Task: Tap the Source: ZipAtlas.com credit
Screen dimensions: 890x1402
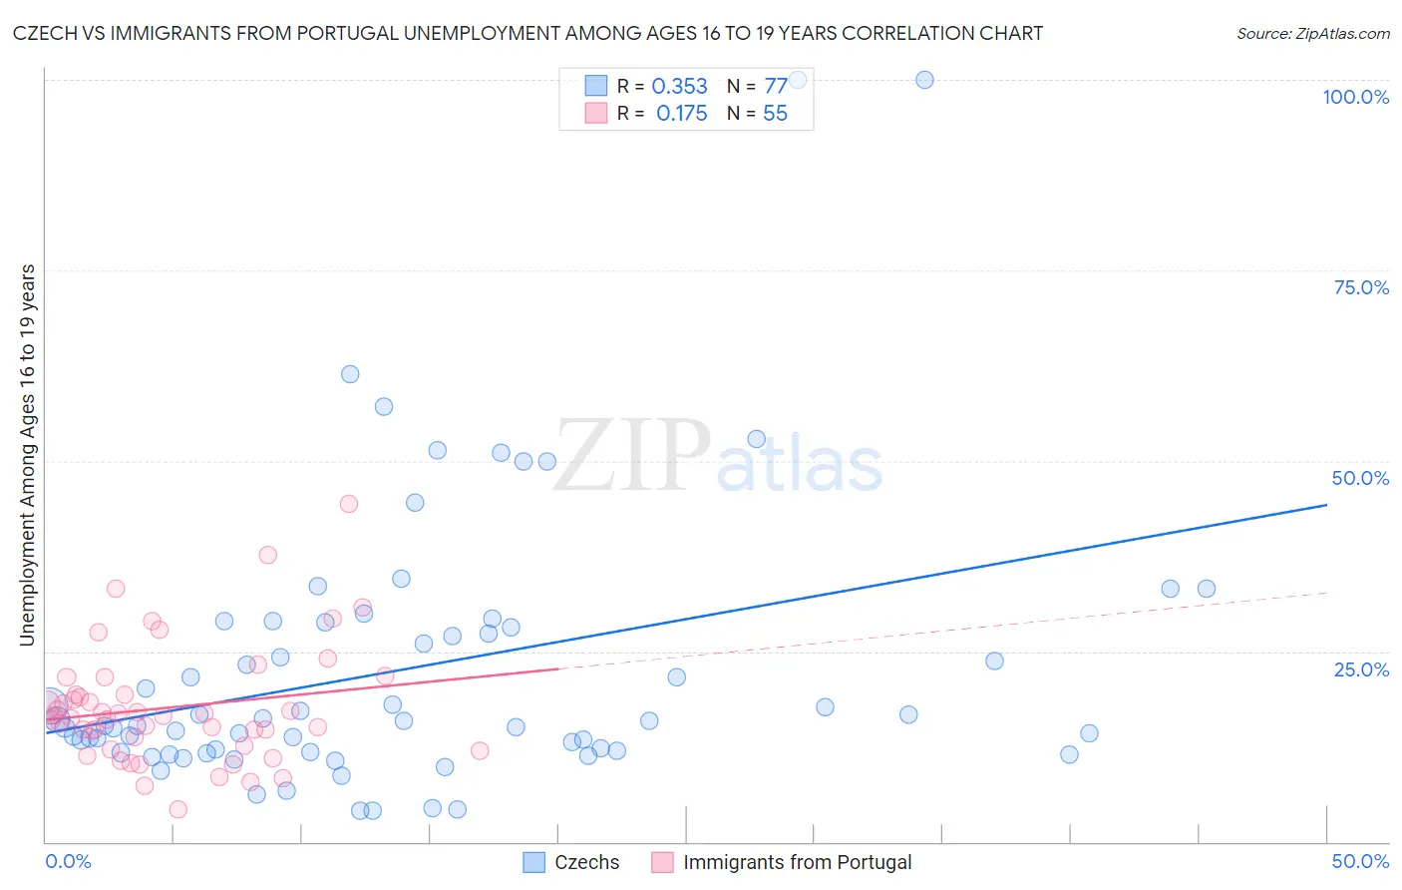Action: click(1312, 33)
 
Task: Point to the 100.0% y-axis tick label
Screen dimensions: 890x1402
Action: click(1355, 97)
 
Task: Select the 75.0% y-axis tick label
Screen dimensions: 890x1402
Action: click(1361, 287)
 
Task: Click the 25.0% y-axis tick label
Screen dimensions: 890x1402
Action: click(1361, 669)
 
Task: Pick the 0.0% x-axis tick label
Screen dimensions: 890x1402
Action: click(68, 861)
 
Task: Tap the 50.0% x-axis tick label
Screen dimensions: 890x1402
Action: click(1360, 861)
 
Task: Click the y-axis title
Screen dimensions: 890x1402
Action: click(27, 455)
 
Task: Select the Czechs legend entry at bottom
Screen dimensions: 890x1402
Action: click(571, 862)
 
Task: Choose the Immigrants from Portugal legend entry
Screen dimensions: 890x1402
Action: click(782, 862)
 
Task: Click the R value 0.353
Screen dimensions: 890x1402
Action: click(679, 87)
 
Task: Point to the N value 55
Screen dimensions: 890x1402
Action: click(775, 114)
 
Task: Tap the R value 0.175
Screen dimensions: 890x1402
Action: click(681, 114)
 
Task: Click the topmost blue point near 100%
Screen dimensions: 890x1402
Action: click(924, 80)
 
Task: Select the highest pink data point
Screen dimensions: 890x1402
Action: click(349, 504)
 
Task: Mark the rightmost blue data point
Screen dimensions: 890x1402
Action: click(1207, 589)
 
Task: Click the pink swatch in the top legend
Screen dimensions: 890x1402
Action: click(595, 113)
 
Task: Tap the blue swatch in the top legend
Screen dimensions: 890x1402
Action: click(595, 86)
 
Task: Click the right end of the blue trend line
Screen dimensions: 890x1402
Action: click(1326, 505)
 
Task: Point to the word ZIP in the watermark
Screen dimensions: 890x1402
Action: click(632, 457)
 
